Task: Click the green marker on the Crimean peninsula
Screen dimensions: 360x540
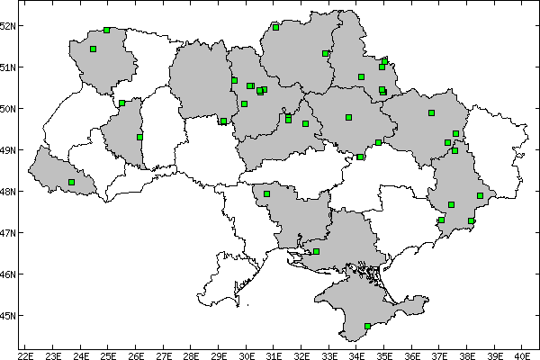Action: point(367,326)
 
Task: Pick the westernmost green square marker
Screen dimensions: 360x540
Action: point(71,182)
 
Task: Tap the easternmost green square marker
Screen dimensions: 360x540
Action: point(480,195)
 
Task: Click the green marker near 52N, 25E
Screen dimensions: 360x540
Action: point(107,30)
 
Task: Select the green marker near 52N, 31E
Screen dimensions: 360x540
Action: point(275,27)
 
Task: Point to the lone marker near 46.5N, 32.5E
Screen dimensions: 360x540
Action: point(316,251)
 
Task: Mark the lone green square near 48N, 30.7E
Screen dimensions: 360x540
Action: point(266,193)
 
